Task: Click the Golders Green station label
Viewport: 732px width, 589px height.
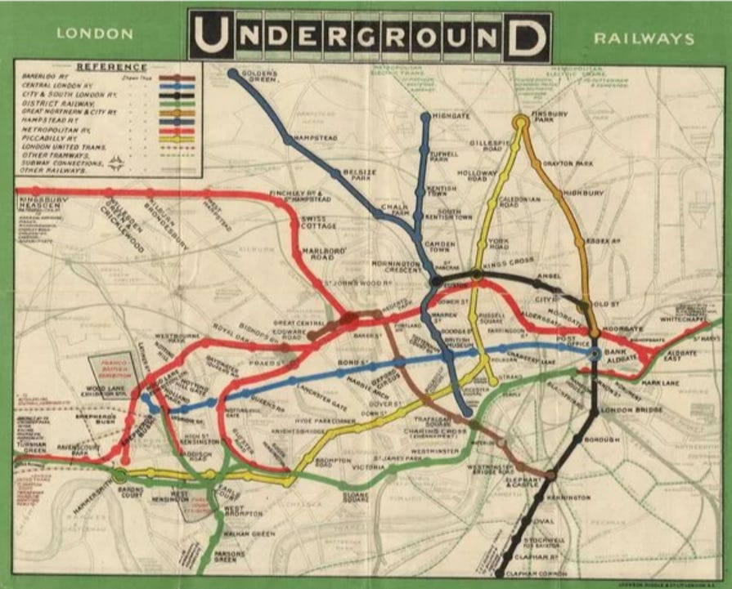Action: pyautogui.click(x=260, y=77)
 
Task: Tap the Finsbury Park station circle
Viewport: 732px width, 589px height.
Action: pyautogui.click(x=520, y=123)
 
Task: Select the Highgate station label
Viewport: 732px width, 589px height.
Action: pyautogui.click(x=451, y=116)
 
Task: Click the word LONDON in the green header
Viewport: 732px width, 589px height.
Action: pyautogui.click(x=95, y=34)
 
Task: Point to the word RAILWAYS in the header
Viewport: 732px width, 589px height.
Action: pyautogui.click(x=644, y=38)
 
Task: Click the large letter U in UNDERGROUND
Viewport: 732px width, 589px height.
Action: pyautogui.click(x=210, y=35)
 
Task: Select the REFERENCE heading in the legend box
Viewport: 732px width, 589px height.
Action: pyautogui.click(x=111, y=67)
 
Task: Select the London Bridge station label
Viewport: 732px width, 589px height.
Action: pyautogui.click(x=628, y=409)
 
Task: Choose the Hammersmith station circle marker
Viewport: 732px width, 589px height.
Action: pyautogui.click(x=120, y=475)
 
